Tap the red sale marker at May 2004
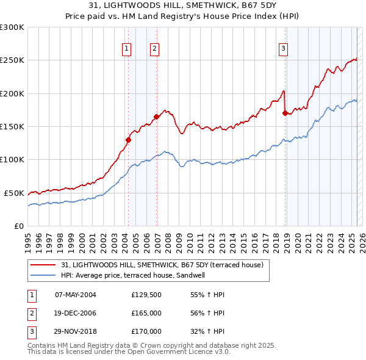click(x=129, y=140)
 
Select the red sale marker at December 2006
click(x=157, y=117)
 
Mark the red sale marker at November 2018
click(x=285, y=113)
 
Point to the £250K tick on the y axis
click(x=12, y=60)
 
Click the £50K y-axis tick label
click(x=13, y=193)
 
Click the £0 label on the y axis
click(x=18, y=226)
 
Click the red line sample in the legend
click(x=44, y=265)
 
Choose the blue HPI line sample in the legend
click(x=44, y=275)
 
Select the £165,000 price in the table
click(x=146, y=313)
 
